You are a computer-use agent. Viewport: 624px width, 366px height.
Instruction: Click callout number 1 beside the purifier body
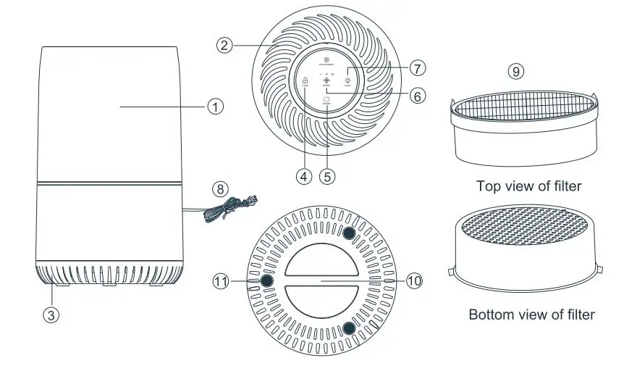pos(214,106)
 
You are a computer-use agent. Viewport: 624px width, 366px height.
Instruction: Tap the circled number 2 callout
pos(224,45)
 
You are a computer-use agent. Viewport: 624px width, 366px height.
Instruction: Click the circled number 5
pos(329,175)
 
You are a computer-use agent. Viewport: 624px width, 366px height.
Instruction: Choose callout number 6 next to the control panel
pos(416,95)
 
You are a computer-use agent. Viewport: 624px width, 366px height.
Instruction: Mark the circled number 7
pos(416,68)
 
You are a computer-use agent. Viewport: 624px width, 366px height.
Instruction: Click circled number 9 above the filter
pos(515,71)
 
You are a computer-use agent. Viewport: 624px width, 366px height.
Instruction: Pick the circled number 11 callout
pos(220,280)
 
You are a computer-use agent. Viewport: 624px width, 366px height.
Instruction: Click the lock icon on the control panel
pos(305,81)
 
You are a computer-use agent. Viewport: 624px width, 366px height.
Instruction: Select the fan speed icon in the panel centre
pos(326,81)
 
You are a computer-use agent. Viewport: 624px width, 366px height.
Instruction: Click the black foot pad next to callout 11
pos(266,280)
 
